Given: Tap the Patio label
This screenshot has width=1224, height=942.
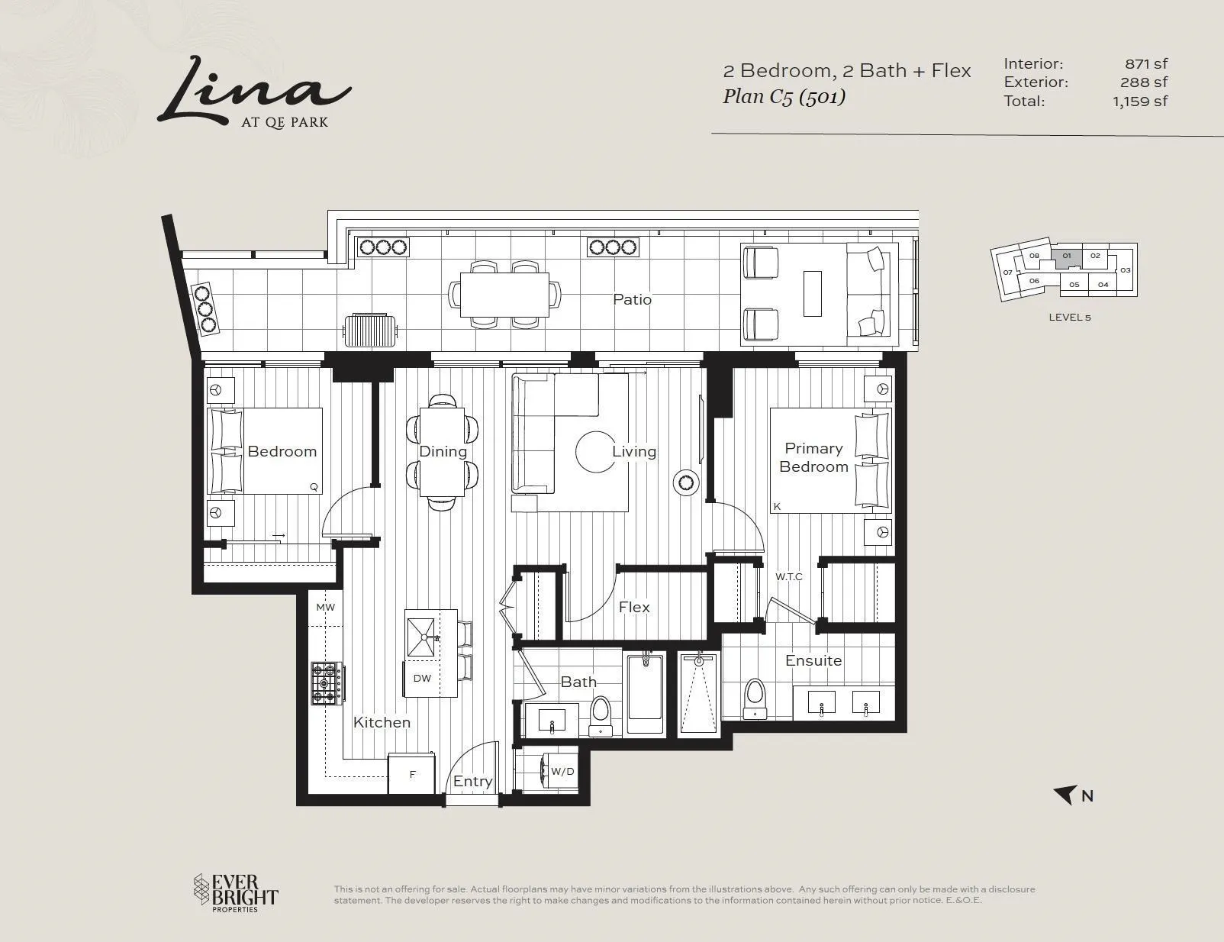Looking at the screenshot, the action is pos(632,299).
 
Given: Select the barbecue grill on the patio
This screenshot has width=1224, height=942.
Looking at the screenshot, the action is pos(370,331).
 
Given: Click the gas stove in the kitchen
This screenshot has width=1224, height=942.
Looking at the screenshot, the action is pos(327,683).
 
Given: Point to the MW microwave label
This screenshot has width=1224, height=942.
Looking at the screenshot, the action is pos(326,608).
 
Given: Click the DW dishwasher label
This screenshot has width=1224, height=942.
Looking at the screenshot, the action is pos(422,679).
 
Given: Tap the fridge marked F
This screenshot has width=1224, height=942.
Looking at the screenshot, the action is pos(412,774).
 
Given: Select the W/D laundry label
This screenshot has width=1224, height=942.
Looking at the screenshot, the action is pos(562,771).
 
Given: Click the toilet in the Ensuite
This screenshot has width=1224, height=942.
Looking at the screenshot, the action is pos(755,698).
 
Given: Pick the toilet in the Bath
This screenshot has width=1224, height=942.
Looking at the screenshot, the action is pos(601,716).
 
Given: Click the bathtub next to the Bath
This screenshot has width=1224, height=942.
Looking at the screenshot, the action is pos(645,694).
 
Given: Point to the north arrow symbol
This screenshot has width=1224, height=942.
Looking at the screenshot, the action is pos(1065,795).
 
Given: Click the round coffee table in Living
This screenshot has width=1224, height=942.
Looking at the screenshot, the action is pos(595,451).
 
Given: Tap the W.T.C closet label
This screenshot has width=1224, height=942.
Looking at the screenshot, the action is pos(788,576).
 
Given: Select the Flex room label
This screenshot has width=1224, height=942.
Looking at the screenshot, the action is pos(633,607).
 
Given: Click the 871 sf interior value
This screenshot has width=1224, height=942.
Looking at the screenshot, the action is pos(1146,63).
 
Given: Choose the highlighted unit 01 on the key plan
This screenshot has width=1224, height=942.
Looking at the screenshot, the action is pos(1066,259).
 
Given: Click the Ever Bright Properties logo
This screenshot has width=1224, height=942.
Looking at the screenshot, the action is pos(236,893).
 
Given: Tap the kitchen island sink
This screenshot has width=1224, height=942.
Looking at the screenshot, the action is pos(421,637).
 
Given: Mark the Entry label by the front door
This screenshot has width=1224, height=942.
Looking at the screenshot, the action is pos(472,781).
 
